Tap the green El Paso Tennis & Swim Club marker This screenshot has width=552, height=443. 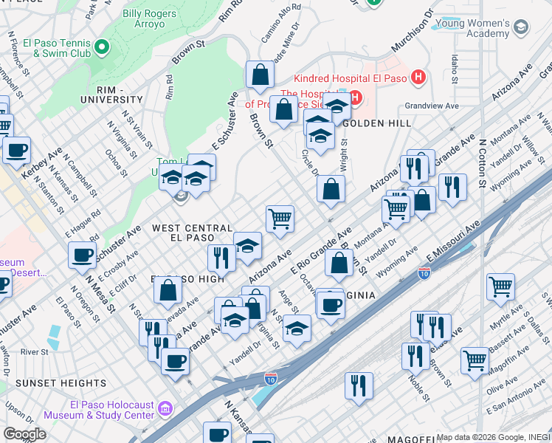(x=102, y=49)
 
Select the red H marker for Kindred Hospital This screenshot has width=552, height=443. (x=418, y=77)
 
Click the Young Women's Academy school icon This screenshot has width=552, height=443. (x=522, y=27)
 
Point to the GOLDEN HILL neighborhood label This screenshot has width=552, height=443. (x=376, y=123)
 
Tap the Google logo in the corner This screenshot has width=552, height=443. (x=24, y=433)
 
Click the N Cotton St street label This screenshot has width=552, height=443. (x=482, y=162)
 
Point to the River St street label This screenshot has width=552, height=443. (x=34, y=351)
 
